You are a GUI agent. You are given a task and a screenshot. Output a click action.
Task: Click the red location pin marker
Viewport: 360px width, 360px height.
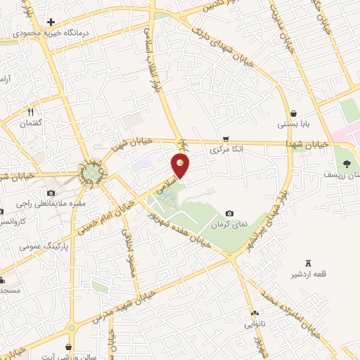[181, 166]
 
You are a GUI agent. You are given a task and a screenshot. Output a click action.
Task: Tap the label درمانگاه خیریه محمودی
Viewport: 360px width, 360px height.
[47, 32]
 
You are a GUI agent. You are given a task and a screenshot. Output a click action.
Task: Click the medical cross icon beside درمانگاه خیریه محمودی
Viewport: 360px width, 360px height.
[51, 22]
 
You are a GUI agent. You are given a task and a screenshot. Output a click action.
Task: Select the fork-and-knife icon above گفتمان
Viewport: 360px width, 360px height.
[31, 112]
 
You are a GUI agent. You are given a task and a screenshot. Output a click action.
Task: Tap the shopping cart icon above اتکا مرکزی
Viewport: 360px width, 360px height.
[224, 139]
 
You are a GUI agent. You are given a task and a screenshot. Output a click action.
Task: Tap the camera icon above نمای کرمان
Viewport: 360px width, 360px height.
[229, 213]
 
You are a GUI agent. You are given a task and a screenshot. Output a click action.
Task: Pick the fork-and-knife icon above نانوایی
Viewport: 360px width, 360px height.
[254, 313]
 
